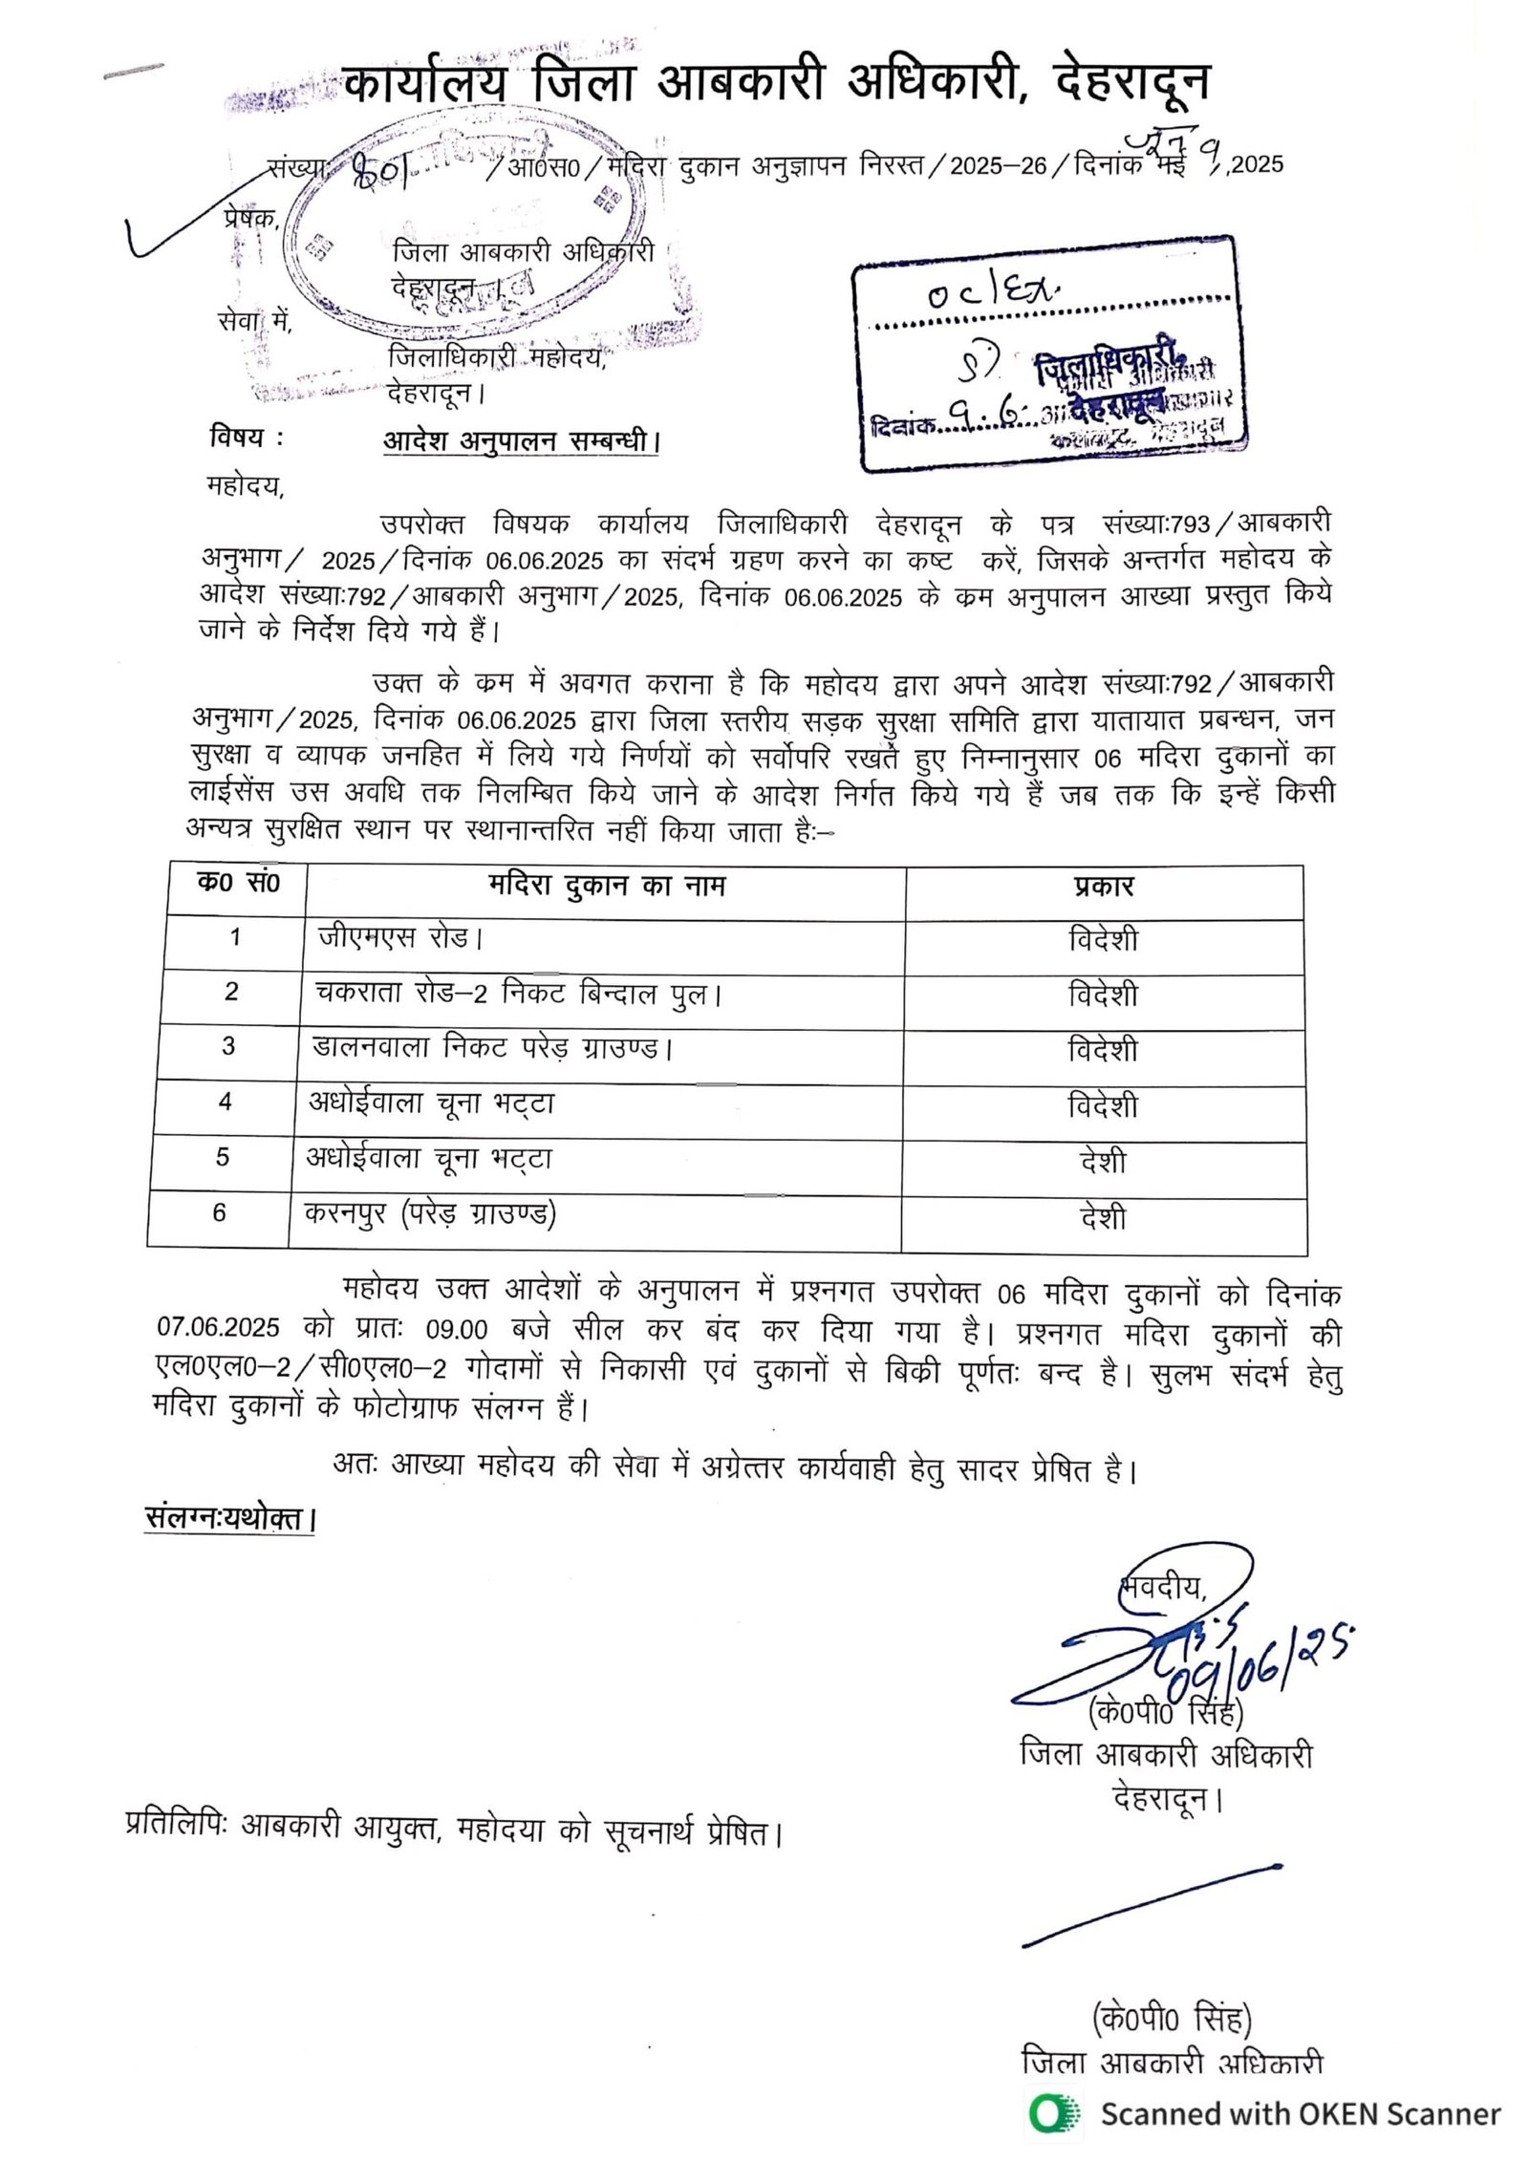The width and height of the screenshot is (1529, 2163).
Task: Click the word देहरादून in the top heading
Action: click(1131, 83)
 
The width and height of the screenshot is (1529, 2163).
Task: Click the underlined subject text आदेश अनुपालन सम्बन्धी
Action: click(521, 441)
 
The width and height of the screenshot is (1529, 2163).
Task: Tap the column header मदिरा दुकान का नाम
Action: click(606, 887)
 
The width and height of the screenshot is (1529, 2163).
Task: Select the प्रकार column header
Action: click(1103, 887)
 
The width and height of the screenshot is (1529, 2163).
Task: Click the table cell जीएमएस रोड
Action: click(400, 937)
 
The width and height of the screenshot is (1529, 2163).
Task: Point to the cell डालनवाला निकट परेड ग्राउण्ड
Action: click(493, 1048)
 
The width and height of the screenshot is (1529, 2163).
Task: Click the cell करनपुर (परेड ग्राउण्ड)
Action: click(430, 1213)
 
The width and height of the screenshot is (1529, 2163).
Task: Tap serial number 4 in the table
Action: click(226, 1103)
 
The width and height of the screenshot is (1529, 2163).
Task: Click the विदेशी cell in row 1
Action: click(1103, 939)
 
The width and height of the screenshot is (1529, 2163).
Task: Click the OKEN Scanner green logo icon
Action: click(1054, 2114)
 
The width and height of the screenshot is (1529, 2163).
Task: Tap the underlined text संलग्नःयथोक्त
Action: click(229, 1519)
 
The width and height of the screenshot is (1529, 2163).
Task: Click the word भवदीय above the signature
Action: click(1162, 1588)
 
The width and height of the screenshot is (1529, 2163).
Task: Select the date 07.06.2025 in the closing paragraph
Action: click(218, 1329)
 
